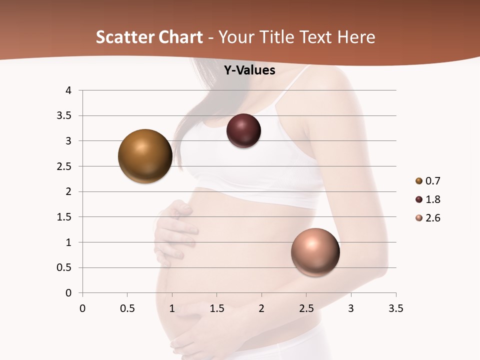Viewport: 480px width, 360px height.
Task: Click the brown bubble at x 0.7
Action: tap(145, 156)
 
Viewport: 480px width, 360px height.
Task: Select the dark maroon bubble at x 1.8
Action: tap(243, 131)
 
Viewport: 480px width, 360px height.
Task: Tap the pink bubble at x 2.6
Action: tap(315, 252)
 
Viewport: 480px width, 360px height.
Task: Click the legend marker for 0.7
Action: tap(419, 181)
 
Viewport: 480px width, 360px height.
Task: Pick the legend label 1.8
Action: tap(432, 199)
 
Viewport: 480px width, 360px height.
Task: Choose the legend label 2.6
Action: tap(432, 218)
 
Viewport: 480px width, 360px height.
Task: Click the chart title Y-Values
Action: tap(249, 70)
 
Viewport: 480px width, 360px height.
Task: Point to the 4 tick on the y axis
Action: tap(69, 90)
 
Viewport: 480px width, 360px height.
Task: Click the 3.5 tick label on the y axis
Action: tap(64, 116)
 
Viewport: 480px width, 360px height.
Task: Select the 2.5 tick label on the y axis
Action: tap(64, 166)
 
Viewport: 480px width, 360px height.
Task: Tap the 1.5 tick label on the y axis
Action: tap(64, 217)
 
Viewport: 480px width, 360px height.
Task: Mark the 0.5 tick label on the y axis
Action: tap(64, 267)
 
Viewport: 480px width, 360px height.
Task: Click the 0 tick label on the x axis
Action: tap(82, 308)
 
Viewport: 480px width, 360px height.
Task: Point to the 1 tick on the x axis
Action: tap(172, 308)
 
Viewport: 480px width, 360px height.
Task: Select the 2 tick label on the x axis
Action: tap(261, 308)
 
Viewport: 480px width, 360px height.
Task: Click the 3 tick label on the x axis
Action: tap(351, 308)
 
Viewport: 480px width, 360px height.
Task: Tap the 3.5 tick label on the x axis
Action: tap(395, 308)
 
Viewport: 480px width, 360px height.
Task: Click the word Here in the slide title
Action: tap(355, 37)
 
